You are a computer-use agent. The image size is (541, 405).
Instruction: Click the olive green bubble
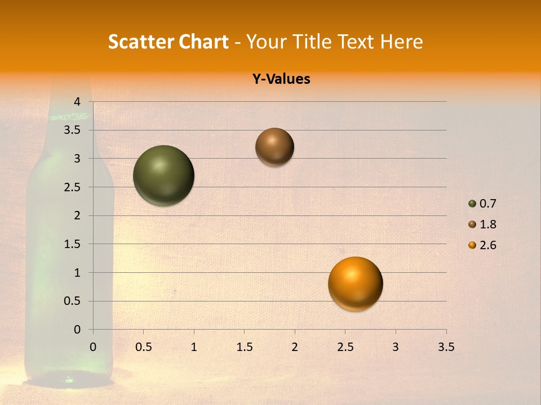point(163,175)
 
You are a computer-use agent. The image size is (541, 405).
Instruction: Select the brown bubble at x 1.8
point(274,147)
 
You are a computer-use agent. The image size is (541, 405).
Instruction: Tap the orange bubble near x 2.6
point(355,284)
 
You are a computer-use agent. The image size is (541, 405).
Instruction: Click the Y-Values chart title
point(281,79)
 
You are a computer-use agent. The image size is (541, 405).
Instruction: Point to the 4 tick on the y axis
point(78,102)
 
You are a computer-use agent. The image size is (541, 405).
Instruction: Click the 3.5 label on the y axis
point(72,130)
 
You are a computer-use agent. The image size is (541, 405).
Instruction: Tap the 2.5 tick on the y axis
point(72,187)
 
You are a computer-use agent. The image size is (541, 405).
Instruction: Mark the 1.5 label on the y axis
point(72,244)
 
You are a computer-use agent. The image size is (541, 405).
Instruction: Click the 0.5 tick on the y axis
point(72,301)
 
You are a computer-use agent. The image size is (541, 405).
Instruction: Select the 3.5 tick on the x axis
point(446,347)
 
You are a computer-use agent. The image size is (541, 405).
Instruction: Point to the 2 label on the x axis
point(295,347)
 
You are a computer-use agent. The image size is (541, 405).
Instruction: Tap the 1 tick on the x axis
point(194,347)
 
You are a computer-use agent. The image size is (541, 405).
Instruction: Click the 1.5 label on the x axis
point(244,347)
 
